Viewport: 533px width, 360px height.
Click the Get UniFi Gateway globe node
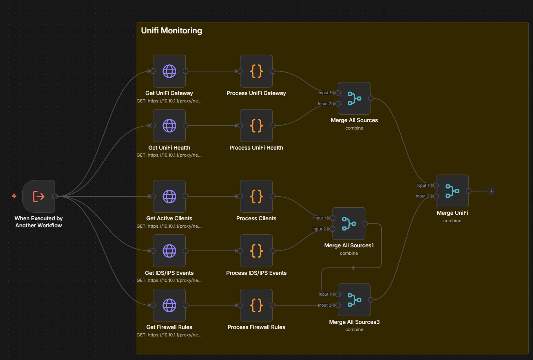(x=169, y=71)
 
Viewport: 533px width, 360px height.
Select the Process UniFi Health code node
(x=256, y=126)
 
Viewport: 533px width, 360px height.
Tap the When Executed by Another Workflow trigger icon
(x=38, y=196)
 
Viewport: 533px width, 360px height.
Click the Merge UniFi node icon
(x=452, y=191)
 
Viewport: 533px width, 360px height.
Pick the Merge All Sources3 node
(x=354, y=300)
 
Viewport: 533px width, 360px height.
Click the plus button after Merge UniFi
(x=491, y=191)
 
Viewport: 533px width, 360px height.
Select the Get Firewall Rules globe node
(x=169, y=305)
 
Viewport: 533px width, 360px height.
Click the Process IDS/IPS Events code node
(x=256, y=251)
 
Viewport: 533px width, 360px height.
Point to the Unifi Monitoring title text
(x=172, y=31)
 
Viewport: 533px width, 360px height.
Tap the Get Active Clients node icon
(x=169, y=196)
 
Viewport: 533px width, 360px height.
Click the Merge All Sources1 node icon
(x=349, y=223)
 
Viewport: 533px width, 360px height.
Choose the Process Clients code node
(x=256, y=196)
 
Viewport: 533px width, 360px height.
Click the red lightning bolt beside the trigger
(x=14, y=196)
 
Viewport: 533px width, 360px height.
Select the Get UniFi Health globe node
(x=169, y=126)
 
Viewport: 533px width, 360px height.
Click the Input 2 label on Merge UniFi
(x=422, y=196)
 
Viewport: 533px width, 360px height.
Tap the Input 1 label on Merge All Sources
(x=325, y=93)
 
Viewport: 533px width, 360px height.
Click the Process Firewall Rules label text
(x=256, y=327)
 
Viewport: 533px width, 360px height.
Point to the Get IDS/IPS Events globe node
(x=169, y=251)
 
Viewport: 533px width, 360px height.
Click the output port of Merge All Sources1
(x=365, y=224)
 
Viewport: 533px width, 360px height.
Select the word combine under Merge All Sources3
(x=354, y=329)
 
